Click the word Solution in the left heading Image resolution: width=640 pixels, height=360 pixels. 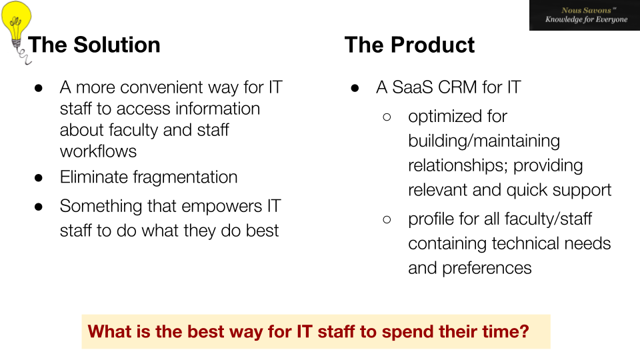click(x=117, y=45)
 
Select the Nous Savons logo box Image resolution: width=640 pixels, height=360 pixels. click(x=585, y=15)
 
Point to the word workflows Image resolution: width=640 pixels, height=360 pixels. click(x=98, y=151)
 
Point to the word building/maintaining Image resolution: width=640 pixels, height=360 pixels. click(x=484, y=141)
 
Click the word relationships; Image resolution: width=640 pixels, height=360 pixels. click(x=458, y=166)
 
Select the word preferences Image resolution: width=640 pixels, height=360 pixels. click(x=487, y=269)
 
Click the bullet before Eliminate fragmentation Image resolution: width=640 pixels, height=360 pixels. click(x=39, y=177)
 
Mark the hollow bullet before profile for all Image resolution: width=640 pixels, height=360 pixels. click(x=387, y=219)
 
